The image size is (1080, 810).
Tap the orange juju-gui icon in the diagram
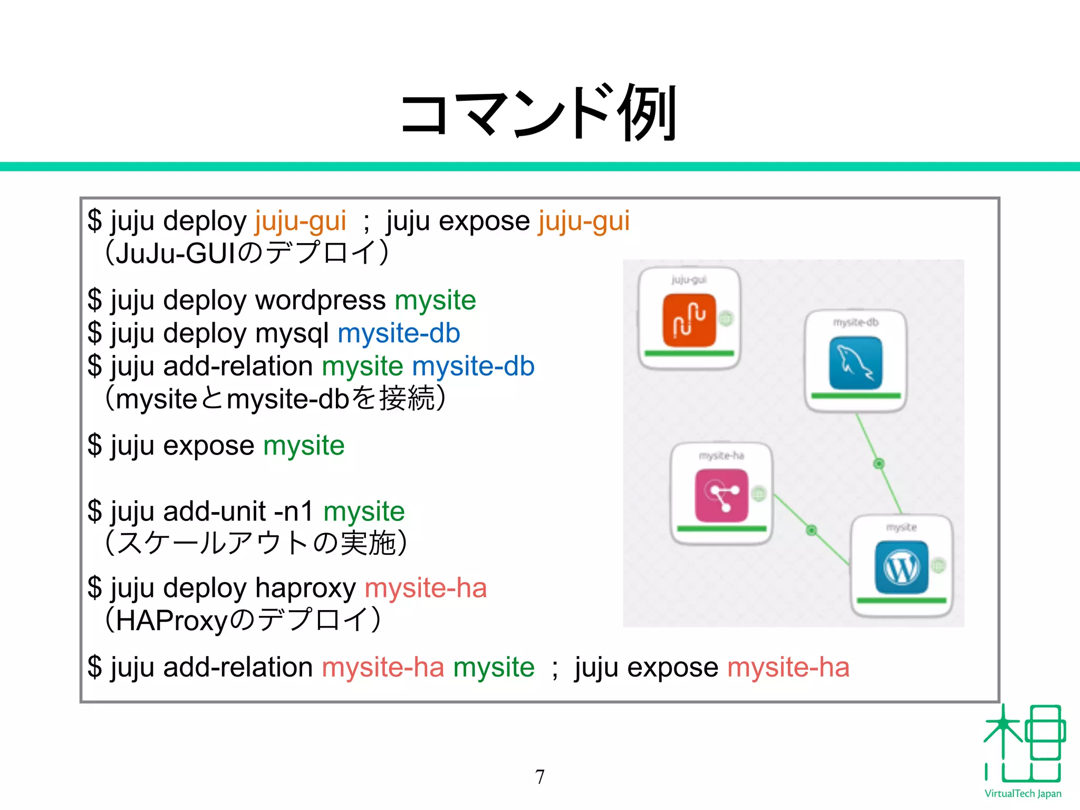[689, 320]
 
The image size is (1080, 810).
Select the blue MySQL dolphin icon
[855, 363]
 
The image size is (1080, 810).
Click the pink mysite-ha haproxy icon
[721, 495]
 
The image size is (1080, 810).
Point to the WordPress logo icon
[901, 567]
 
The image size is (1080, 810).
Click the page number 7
[539, 777]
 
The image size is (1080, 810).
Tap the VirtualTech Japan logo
[1023, 751]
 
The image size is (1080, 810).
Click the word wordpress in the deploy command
[320, 301]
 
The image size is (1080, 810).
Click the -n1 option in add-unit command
[294, 511]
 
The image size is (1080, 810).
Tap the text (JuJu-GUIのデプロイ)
[247, 253]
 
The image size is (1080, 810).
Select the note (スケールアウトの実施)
[256, 543]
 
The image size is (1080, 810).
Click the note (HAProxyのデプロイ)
[243, 620]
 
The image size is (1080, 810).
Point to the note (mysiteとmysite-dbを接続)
[275, 399]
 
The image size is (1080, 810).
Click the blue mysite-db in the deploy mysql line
[399, 334]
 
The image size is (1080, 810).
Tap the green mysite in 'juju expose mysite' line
[304, 446]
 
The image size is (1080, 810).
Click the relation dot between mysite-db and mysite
[879, 464]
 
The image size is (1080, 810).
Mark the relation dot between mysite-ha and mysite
[812, 530]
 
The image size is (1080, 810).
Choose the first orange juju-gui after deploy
[300, 221]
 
